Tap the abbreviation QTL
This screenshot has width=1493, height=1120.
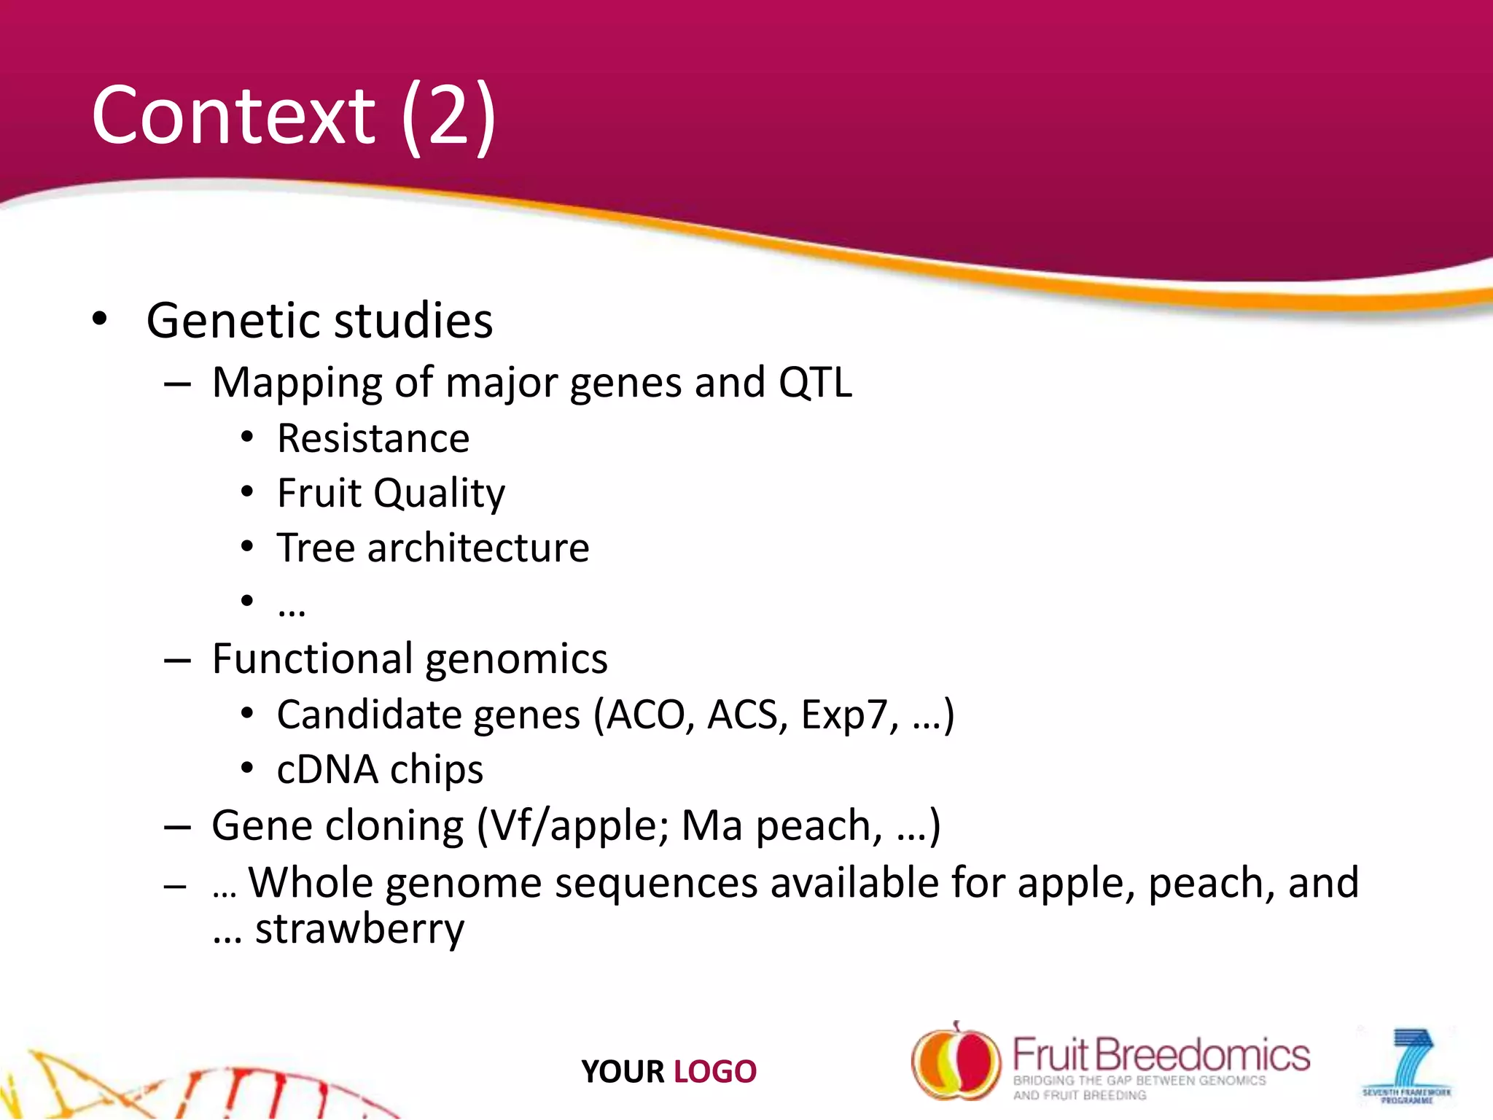[x=815, y=383]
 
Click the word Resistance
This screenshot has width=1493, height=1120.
[x=373, y=439]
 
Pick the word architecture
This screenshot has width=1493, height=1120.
[x=478, y=548]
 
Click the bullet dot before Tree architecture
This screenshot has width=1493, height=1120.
[x=247, y=547]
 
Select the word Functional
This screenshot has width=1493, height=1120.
[x=312, y=659]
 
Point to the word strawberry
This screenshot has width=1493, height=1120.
[x=359, y=930]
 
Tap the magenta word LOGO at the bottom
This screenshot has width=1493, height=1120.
[x=714, y=1072]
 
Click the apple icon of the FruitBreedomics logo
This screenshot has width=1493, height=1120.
[x=955, y=1061]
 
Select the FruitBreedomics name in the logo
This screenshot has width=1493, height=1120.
[x=1161, y=1055]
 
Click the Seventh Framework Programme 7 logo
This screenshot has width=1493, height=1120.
[x=1407, y=1065]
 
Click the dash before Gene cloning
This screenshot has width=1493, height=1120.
[x=177, y=828]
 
